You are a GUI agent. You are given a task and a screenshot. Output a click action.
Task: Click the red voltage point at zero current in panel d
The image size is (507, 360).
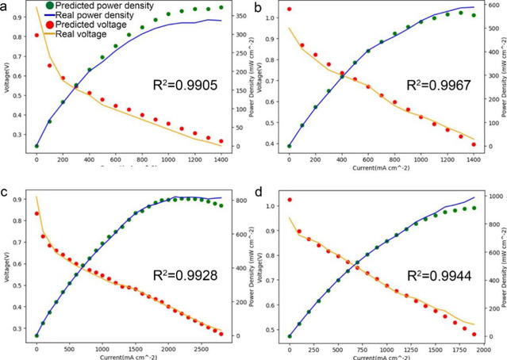pyautogui.click(x=290, y=200)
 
